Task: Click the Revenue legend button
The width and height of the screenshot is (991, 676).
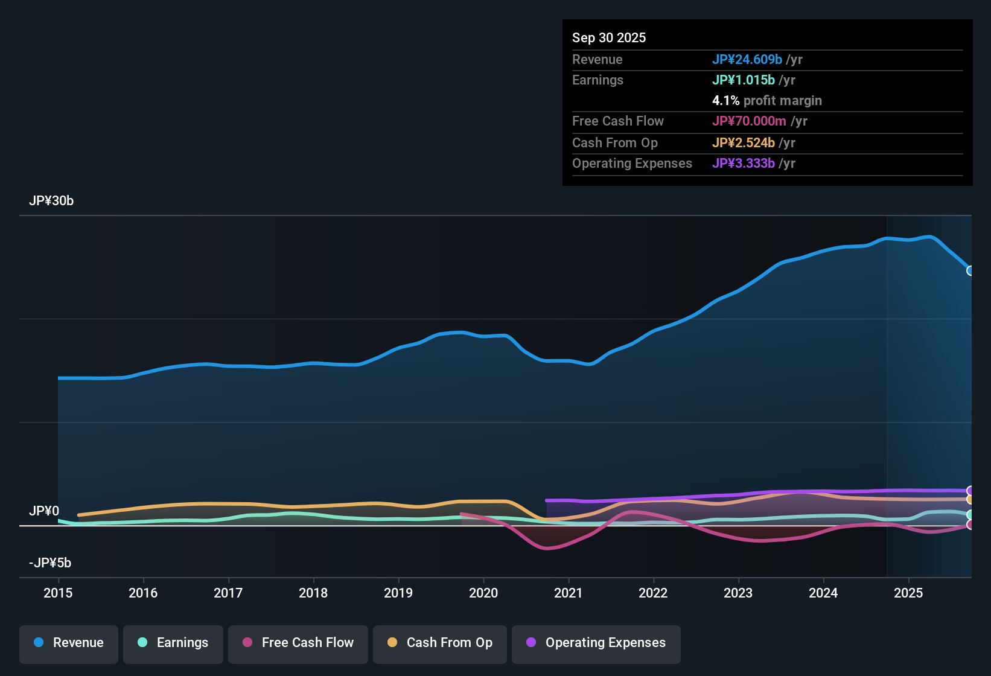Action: (69, 643)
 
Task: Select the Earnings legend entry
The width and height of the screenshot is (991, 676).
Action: (173, 643)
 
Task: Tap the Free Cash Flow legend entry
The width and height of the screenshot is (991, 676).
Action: (298, 643)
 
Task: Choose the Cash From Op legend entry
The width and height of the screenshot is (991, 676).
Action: (440, 643)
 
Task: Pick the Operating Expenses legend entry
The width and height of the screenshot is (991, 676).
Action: (596, 643)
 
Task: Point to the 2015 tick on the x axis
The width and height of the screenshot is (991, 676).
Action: (58, 593)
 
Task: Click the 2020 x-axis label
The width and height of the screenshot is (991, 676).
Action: (483, 593)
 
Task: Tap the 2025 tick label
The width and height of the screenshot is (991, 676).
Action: (908, 593)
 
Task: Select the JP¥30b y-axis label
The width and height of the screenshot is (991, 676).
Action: (51, 201)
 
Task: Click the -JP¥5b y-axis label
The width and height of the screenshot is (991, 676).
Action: (50, 563)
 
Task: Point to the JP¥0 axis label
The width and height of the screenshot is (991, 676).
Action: (44, 511)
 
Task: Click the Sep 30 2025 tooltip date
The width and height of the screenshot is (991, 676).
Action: (609, 38)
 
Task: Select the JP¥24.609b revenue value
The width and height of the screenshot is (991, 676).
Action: (747, 60)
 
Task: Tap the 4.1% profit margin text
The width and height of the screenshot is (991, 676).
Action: (766, 101)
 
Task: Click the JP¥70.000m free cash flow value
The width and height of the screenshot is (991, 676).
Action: (748, 121)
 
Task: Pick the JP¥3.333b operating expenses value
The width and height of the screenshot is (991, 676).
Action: (743, 164)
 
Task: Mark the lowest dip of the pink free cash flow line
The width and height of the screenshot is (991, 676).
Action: (547, 549)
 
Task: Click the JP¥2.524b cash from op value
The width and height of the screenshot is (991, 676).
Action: (743, 143)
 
